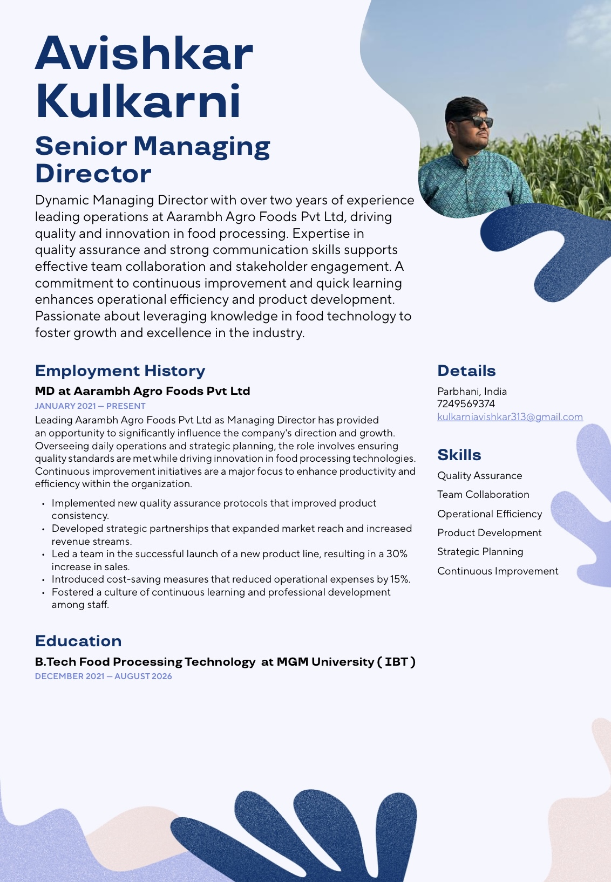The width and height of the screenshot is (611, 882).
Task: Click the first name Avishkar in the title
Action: tap(144, 53)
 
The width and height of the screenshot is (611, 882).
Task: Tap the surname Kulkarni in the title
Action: tap(138, 101)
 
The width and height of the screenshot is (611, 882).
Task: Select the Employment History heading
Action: tap(120, 371)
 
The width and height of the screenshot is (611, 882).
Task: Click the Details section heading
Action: tap(466, 371)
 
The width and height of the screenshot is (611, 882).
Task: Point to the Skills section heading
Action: tap(459, 455)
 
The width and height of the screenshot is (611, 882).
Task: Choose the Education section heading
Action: tap(78, 641)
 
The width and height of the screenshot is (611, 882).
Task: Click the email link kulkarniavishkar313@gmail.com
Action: tap(510, 416)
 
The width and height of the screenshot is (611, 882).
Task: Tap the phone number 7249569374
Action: tap(466, 404)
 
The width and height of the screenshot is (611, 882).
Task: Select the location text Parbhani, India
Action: tap(472, 391)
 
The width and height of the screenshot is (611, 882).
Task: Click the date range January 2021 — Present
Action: tap(90, 406)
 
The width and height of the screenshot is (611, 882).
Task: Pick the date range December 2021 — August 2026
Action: tap(103, 676)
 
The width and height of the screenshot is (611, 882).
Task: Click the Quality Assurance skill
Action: tap(479, 475)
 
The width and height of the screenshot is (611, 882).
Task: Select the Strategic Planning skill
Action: tap(480, 551)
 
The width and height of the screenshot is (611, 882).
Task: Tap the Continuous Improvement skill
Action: tap(498, 571)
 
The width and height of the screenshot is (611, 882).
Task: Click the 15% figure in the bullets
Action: tap(399, 579)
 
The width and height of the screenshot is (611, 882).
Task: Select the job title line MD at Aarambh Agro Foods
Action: tap(142, 391)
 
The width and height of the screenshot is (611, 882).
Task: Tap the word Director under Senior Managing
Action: tap(93, 174)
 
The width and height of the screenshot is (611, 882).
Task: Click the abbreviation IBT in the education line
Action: tap(396, 661)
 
